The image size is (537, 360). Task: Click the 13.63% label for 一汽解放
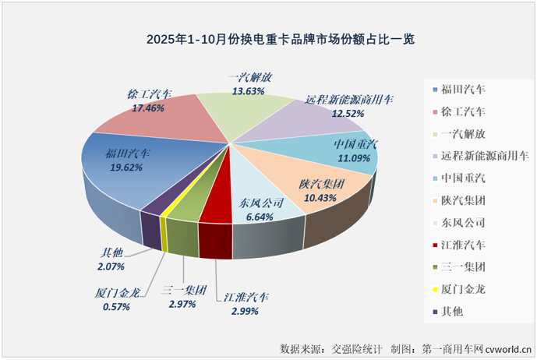point(249,90)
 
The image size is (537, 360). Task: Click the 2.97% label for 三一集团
point(184,305)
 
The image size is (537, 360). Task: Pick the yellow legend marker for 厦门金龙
point(433,290)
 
